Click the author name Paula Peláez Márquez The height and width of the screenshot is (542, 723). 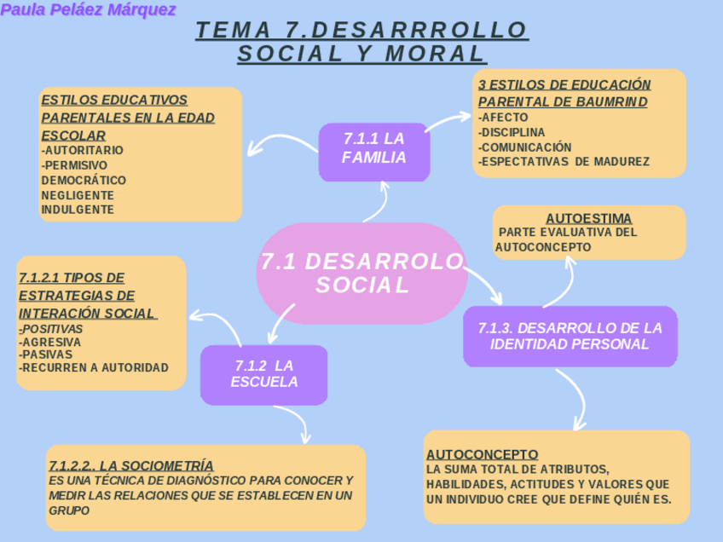[x=89, y=10]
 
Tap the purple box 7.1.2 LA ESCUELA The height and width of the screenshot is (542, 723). [x=264, y=373]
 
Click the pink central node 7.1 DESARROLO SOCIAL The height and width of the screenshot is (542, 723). [x=361, y=273]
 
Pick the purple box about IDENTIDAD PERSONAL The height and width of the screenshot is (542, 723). [x=570, y=336]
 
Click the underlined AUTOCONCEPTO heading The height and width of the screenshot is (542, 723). [x=482, y=454]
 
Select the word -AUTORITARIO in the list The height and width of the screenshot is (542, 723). [x=82, y=150]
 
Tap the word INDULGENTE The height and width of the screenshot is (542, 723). [x=77, y=209]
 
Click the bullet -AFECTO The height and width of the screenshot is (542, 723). [x=503, y=117]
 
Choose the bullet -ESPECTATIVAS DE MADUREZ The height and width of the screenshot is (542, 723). [x=564, y=161]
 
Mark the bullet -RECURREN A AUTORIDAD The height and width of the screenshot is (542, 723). [x=93, y=367]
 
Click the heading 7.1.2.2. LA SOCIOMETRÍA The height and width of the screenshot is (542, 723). [x=130, y=465]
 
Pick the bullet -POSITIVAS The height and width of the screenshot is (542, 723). [x=52, y=328]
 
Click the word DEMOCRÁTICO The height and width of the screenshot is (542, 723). [x=84, y=180]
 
